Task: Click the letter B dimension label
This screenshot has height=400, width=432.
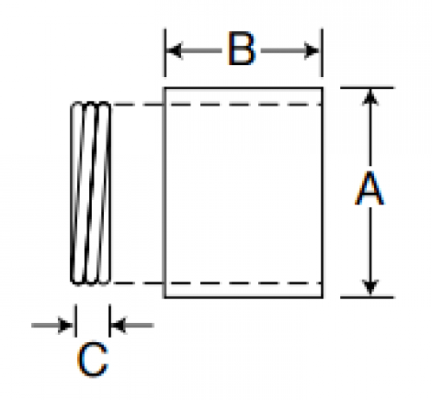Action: click(x=242, y=48)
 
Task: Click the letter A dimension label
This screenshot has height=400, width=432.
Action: click(x=370, y=188)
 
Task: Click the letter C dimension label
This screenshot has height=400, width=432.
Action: click(x=93, y=359)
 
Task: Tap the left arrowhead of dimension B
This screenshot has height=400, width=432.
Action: click(x=175, y=51)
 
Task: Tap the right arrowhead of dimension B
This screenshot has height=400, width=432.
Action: click(x=312, y=51)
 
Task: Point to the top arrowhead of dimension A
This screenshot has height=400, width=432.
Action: click(x=371, y=96)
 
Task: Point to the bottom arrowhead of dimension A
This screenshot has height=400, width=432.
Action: click(x=371, y=287)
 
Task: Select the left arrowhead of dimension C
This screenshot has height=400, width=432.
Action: click(x=65, y=326)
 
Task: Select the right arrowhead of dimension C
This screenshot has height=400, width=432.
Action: click(x=119, y=326)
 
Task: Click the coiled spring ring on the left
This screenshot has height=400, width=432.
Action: click(x=91, y=193)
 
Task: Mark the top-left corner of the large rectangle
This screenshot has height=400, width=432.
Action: click(x=164, y=87)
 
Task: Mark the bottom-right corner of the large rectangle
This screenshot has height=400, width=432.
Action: click(x=322, y=297)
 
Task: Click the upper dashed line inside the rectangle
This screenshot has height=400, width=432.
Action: click(x=243, y=105)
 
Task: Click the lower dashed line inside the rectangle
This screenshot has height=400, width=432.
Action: click(x=243, y=283)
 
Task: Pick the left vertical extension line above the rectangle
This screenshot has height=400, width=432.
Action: click(x=165, y=53)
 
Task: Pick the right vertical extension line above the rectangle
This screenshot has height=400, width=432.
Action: click(x=322, y=53)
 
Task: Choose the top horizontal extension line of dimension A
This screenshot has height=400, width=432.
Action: click(x=367, y=87)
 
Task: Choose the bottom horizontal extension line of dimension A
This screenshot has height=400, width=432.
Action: click(x=367, y=297)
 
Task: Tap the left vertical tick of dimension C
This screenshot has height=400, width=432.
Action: click(x=75, y=320)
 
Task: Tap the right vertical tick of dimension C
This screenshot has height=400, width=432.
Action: click(x=110, y=320)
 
